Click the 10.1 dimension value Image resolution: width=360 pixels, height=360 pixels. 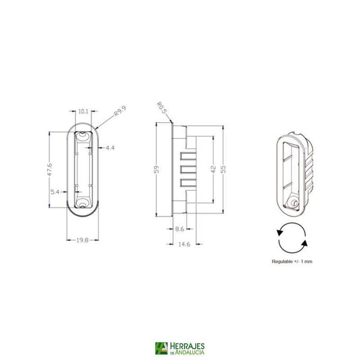pyautogui.click(x=82, y=111)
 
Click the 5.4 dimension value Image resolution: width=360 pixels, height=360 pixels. pyautogui.click(x=55, y=192)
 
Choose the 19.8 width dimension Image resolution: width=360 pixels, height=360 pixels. pyautogui.click(x=82, y=240)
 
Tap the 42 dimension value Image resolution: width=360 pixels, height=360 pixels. pyautogui.click(x=213, y=169)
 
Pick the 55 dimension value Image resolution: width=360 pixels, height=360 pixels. pyautogui.click(x=224, y=169)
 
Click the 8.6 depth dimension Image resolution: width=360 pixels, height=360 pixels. pyautogui.click(x=180, y=229)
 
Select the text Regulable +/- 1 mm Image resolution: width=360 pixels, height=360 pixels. pyautogui.click(x=292, y=261)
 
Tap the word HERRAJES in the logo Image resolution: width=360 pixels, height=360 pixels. pyautogui.click(x=188, y=346)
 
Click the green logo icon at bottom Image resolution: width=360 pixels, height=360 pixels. pyautogui.click(x=161, y=349)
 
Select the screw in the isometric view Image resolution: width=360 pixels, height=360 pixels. pyautogui.click(x=293, y=203)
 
